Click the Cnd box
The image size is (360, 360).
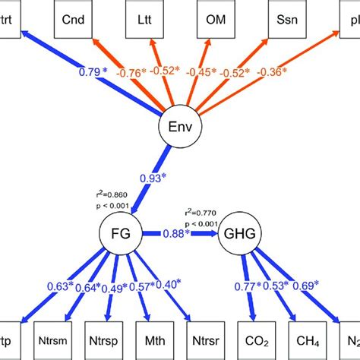73,17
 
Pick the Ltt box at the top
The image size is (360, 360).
144,17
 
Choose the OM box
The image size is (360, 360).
216,17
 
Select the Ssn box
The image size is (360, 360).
287,17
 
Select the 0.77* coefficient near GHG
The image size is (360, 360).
244,287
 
